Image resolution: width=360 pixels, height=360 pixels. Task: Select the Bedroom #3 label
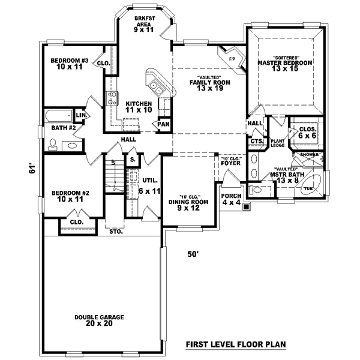[70, 64]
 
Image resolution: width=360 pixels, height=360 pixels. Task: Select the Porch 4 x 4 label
[231, 200]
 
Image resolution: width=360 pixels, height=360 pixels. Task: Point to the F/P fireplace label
[232, 59]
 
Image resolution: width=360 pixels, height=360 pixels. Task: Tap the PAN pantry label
[163, 124]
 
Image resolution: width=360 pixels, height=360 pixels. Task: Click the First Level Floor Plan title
[235, 345]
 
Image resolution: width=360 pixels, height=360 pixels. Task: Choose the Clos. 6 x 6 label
[308, 133]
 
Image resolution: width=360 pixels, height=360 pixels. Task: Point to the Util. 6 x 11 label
[149, 186]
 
